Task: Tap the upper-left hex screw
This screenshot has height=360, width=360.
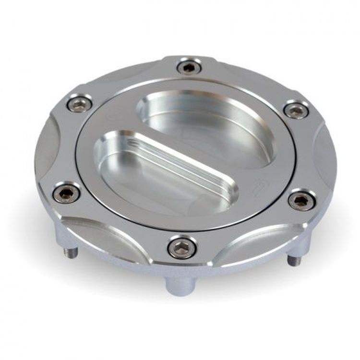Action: [80, 104]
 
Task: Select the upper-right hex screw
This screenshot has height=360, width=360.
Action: [296, 110]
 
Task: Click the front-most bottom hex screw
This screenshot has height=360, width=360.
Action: [182, 247]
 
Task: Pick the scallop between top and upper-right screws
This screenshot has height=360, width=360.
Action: [250, 79]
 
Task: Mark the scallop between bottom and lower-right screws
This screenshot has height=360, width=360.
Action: [254, 240]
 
